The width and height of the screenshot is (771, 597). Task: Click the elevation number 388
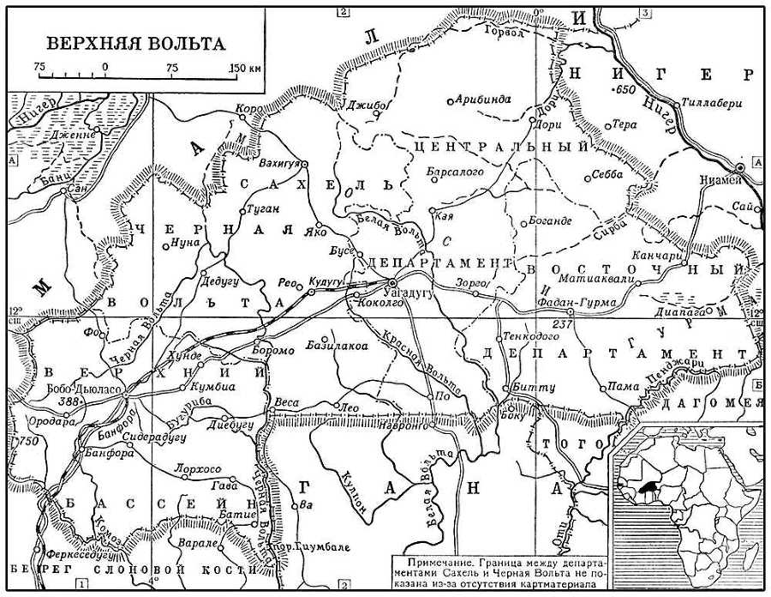[71, 401]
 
